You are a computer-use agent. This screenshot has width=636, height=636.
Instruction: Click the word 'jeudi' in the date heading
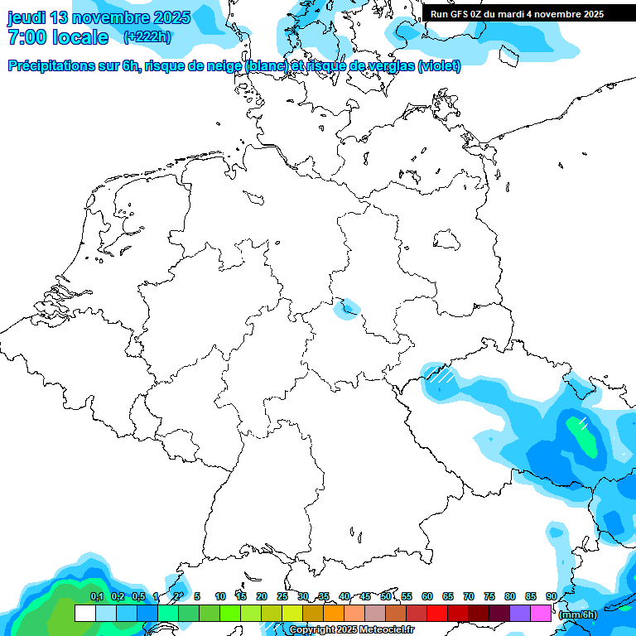(x=26, y=17)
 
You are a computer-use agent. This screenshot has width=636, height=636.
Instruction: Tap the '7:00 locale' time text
(x=58, y=37)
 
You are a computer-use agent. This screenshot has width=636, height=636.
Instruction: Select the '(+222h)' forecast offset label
(x=147, y=37)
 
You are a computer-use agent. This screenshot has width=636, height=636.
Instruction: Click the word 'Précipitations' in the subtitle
(x=61, y=66)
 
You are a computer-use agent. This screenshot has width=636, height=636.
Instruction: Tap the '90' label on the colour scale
(x=551, y=596)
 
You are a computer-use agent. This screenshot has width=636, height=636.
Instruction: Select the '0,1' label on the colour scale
(x=97, y=596)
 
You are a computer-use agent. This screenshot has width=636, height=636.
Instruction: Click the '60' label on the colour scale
(x=427, y=596)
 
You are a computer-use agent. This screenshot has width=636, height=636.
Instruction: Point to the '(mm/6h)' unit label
(x=578, y=614)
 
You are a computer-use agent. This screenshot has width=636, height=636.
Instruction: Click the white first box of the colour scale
(x=84, y=614)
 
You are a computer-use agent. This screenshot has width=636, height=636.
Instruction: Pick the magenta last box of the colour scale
(x=541, y=614)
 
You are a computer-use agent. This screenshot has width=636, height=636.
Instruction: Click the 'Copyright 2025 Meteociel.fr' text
(x=351, y=630)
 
